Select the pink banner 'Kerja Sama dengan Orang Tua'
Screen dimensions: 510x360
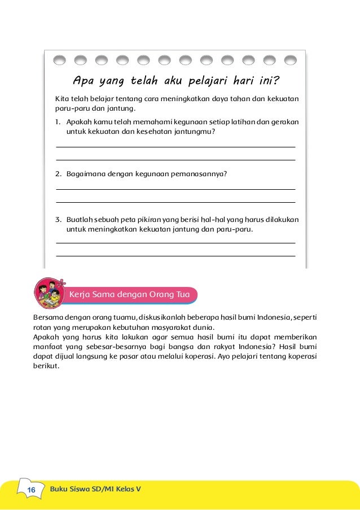132,294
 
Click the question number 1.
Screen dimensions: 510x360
58,121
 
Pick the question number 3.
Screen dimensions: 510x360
58,219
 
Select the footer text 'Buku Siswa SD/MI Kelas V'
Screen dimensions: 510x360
95,489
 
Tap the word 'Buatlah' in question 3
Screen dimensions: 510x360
80,219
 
